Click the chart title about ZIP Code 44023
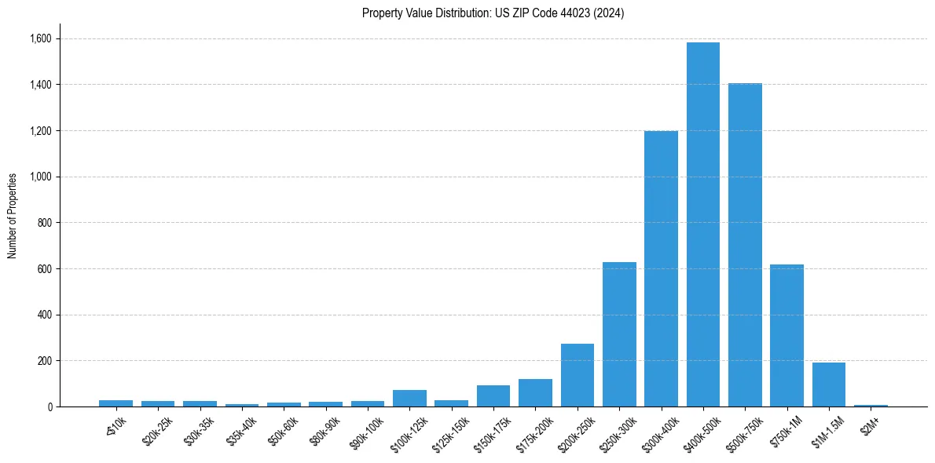pyautogui.click(x=493, y=13)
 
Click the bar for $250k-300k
pyautogui.click(x=619, y=334)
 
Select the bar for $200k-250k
pyautogui.click(x=577, y=375)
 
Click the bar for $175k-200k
pyautogui.click(x=535, y=392)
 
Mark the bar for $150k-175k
pyautogui.click(x=493, y=396)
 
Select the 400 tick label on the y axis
pyautogui.click(x=44, y=315)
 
